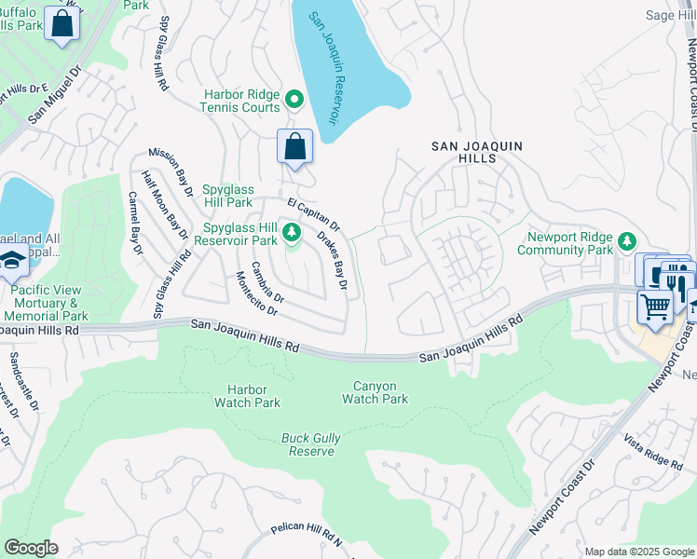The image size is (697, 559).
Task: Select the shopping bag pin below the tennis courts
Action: tap(294, 147)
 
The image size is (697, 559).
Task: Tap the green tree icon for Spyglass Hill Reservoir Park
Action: tap(292, 231)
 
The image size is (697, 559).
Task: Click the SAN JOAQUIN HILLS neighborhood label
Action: tap(477, 154)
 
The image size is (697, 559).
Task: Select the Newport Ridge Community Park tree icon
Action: tap(628, 241)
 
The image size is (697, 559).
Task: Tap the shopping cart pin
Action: tap(655, 306)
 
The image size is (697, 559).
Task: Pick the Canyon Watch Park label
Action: tap(375, 392)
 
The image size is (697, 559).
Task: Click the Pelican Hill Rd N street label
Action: tap(307, 534)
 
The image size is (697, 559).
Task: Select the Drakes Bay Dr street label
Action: tap(332, 262)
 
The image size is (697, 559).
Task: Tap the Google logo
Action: tap(31, 548)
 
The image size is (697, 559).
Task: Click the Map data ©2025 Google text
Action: tap(638, 552)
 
